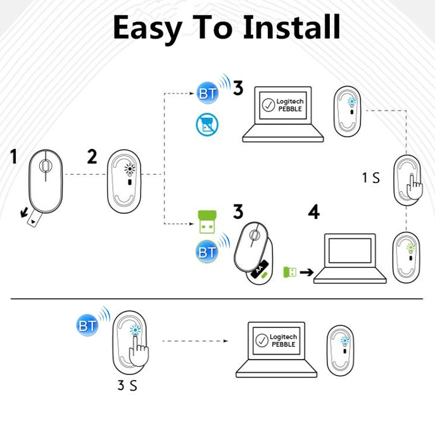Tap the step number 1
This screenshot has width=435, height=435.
point(14,156)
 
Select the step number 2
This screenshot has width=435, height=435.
point(92,156)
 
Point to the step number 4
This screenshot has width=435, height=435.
point(313,212)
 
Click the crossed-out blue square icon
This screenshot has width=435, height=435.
point(206,125)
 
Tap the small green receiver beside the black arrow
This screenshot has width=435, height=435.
point(289,272)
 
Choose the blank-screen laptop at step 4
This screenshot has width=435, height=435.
point(350,260)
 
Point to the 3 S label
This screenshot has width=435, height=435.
point(127,385)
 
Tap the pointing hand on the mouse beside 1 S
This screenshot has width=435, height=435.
point(415,186)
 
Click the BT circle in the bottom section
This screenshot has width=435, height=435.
point(87,326)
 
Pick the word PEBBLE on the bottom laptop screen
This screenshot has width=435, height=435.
point(284,344)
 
